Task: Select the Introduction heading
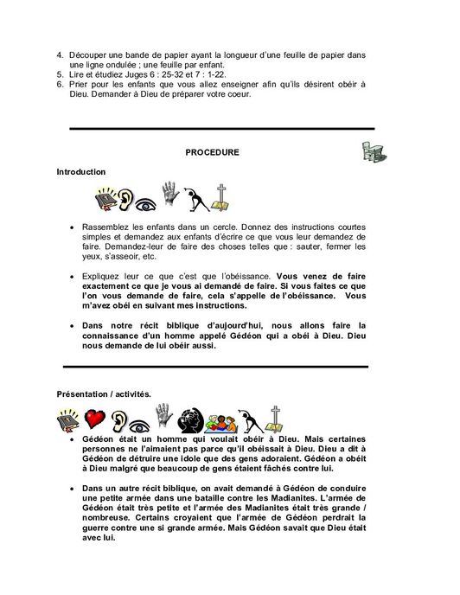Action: click(80, 172)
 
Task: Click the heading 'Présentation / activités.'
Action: click(104, 393)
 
